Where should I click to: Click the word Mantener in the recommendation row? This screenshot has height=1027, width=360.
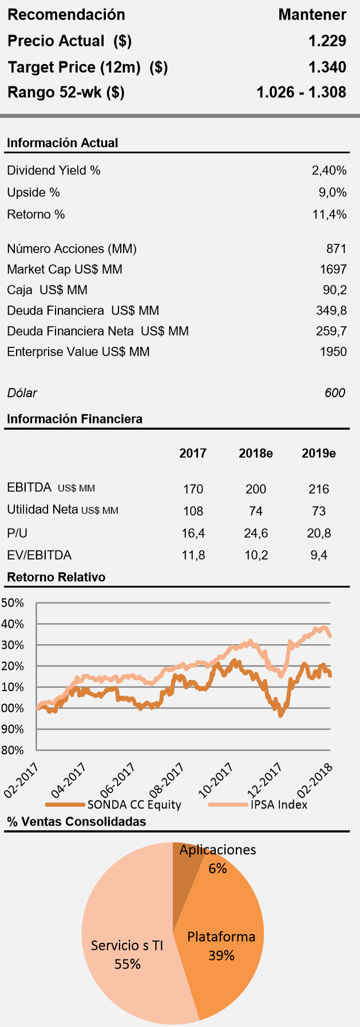tap(312, 15)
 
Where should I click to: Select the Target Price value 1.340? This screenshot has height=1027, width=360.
tap(327, 67)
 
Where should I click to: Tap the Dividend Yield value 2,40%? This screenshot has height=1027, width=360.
tap(329, 170)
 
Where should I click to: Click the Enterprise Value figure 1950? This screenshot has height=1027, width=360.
tap(333, 352)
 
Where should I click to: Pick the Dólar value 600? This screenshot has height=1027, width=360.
tap(335, 393)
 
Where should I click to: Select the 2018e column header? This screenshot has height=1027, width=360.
tap(256, 454)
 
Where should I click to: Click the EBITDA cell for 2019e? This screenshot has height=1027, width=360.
tap(319, 489)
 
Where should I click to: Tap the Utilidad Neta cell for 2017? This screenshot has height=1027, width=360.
tap(193, 511)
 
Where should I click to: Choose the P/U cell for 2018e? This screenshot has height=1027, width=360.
tap(256, 533)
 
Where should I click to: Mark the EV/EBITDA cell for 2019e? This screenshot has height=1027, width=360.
tap(319, 555)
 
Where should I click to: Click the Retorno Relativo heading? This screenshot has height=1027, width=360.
tap(56, 577)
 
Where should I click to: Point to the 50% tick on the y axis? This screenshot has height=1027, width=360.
tap(13, 603)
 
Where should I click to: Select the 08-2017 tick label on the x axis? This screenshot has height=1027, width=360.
tap(167, 780)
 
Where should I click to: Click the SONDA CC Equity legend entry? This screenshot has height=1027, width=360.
tap(134, 804)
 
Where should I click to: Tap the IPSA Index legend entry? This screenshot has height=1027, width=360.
tap(279, 804)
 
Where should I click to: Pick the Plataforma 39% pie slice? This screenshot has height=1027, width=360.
tap(223, 938)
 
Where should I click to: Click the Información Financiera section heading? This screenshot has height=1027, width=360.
tap(74, 419)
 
